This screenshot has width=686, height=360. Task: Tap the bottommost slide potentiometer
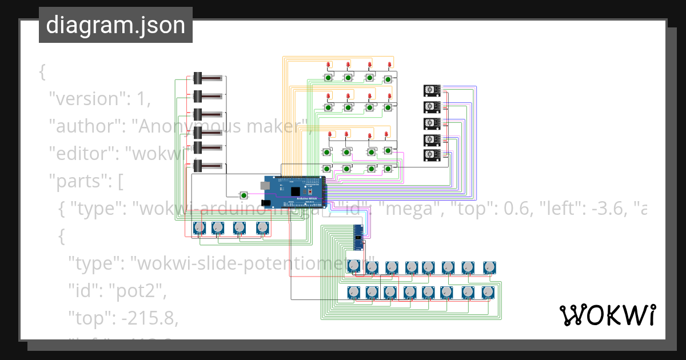pyautogui.click(x=206, y=166)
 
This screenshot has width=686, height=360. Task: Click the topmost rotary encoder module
pyautogui.click(x=432, y=90)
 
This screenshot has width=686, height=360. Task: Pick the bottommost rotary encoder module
pyautogui.click(x=432, y=155)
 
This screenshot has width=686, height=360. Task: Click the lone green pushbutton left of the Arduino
pyautogui.click(x=244, y=194)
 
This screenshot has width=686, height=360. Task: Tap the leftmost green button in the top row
pyautogui.click(x=329, y=78)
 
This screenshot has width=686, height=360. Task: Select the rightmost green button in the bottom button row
pyautogui.click(x=388, y=169)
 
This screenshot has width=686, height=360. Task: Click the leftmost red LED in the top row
pyautogui.click(x=328, y=65)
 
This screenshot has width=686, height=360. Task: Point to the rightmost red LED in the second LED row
pyautogui.click(x=390, y=95)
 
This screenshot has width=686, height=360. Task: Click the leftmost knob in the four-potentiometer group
pyautogui.click(x=199, y=228)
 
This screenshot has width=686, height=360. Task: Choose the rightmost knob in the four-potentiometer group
pyautogui.click(x=261, y=228)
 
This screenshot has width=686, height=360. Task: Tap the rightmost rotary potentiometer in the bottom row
pyautogui.click(x=488, y=293)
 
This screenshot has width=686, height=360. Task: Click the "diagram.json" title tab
pyautogui.click(x=115, y=25)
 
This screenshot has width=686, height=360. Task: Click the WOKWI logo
pyautogui.click(x=608, y=315)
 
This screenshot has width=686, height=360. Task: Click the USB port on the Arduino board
pyautogui.click(x=265, y=185)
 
